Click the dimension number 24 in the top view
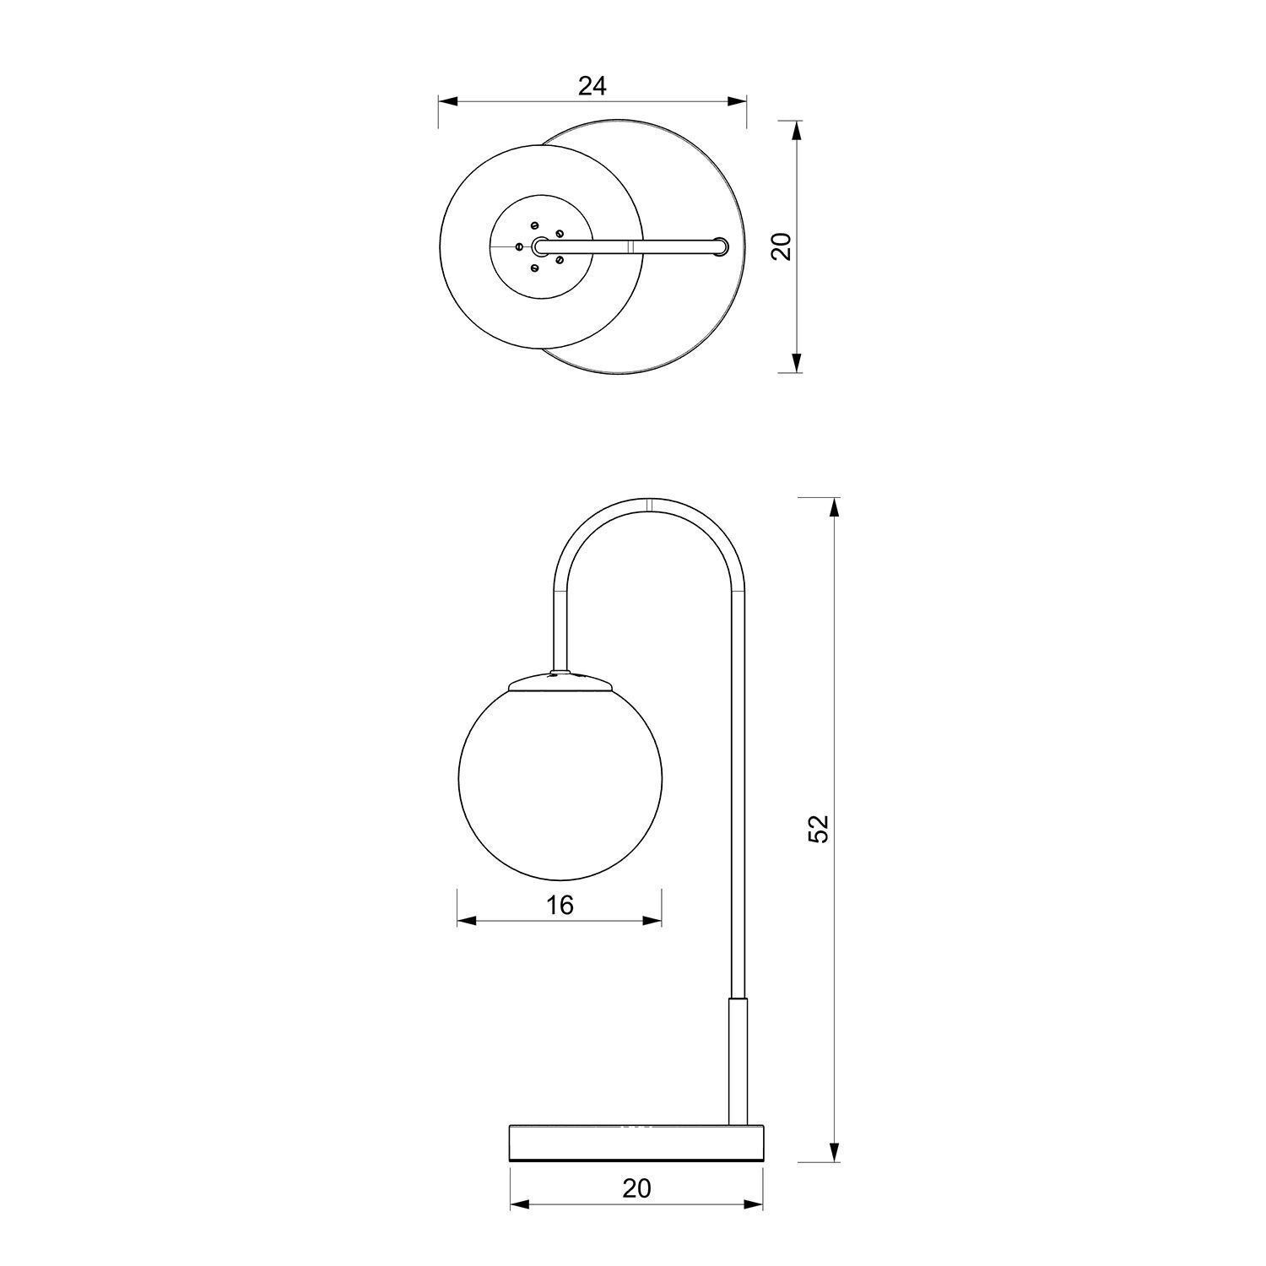pyautogui.click(x=592, y=85)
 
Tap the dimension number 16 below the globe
pyautogui.click(x=560, y=906)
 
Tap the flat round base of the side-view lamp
pyautogui.click(x=636, y=1142)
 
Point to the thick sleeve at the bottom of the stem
pyautogui.click(x=738, y=1060)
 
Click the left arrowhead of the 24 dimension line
pyautogui.click(x=447, y=101)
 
